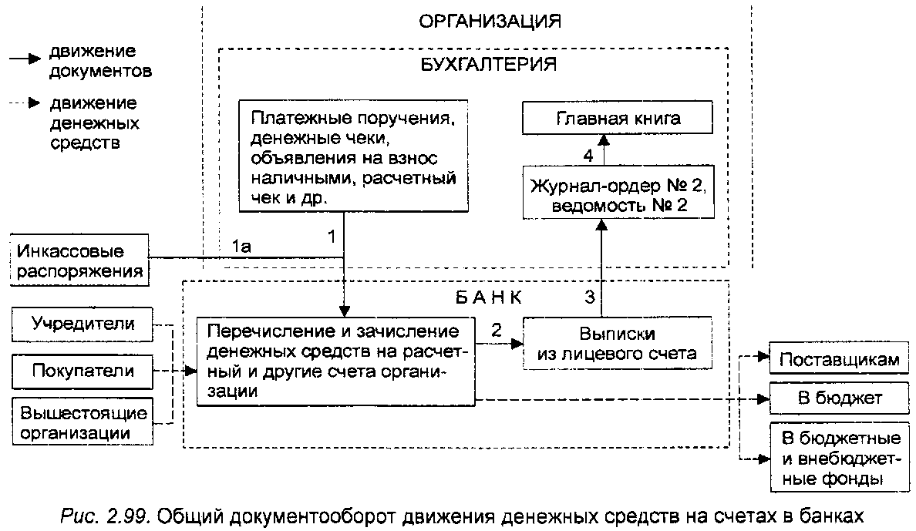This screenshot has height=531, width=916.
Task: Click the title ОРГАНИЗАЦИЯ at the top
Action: tap(490, 22)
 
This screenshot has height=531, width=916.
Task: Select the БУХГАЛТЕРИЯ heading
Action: tap(488, 64)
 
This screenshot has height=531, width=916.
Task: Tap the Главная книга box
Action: tap(618, 118)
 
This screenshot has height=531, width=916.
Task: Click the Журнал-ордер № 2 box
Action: tap(618, 192)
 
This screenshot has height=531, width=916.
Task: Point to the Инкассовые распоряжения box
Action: tap(79, 260)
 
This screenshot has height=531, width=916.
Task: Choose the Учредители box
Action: tap(83, 324)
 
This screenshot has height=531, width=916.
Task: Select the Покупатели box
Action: tap(83, 371)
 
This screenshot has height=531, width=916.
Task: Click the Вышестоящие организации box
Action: tap(83, 422)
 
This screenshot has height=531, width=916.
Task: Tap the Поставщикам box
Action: tap(839, 358)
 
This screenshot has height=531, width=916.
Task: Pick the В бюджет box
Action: tap(839, 398)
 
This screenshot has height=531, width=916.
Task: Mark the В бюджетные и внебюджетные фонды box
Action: tap(839, 457)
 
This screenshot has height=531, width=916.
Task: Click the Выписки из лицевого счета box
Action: tap(617, 344)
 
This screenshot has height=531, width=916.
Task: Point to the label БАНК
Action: tap(488, 297)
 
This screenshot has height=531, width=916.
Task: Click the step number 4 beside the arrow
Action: tap(588, 156)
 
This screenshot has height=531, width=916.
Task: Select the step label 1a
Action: tap(241, 247)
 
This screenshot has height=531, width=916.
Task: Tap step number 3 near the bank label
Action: tap(590, 297)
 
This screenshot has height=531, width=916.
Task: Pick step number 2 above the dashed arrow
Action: tap(497, 331)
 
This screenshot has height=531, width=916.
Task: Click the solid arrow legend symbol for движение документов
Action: tap(25, 59)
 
